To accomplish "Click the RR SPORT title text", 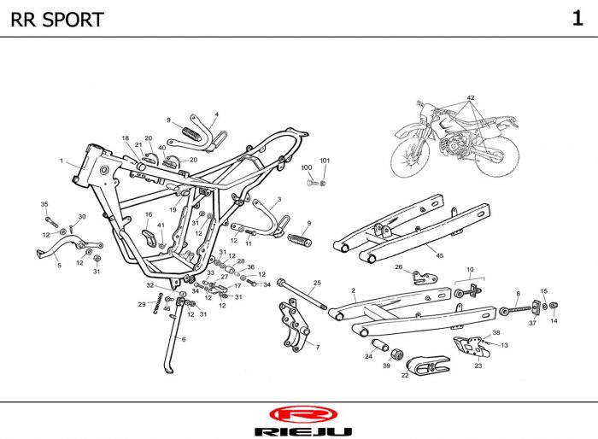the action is click(x=57, y=20).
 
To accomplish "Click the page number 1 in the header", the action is click(x=577, y=18).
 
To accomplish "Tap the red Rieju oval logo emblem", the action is click(x=303, y=414).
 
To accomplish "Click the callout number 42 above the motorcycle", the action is click(x=471, y=97).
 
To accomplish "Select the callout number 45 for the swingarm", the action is click(x=439, y=255).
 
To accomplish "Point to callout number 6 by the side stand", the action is click(x=184, y=339).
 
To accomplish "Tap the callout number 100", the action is click(x=307, y=167).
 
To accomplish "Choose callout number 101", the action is click(x=325, y=161).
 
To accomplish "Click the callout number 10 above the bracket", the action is click(x=470, y=270).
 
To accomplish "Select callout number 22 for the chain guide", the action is click(x=405, y=375).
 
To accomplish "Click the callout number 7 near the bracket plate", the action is click(x=318, y=347).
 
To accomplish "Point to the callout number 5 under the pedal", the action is click(x=59, y=265).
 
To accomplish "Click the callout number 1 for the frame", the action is click(x=62, y=161).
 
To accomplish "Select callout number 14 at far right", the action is click(x=554, y=321).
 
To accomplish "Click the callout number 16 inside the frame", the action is click(x=149, y=214).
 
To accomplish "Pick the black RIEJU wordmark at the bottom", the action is click(x=303, y=432).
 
